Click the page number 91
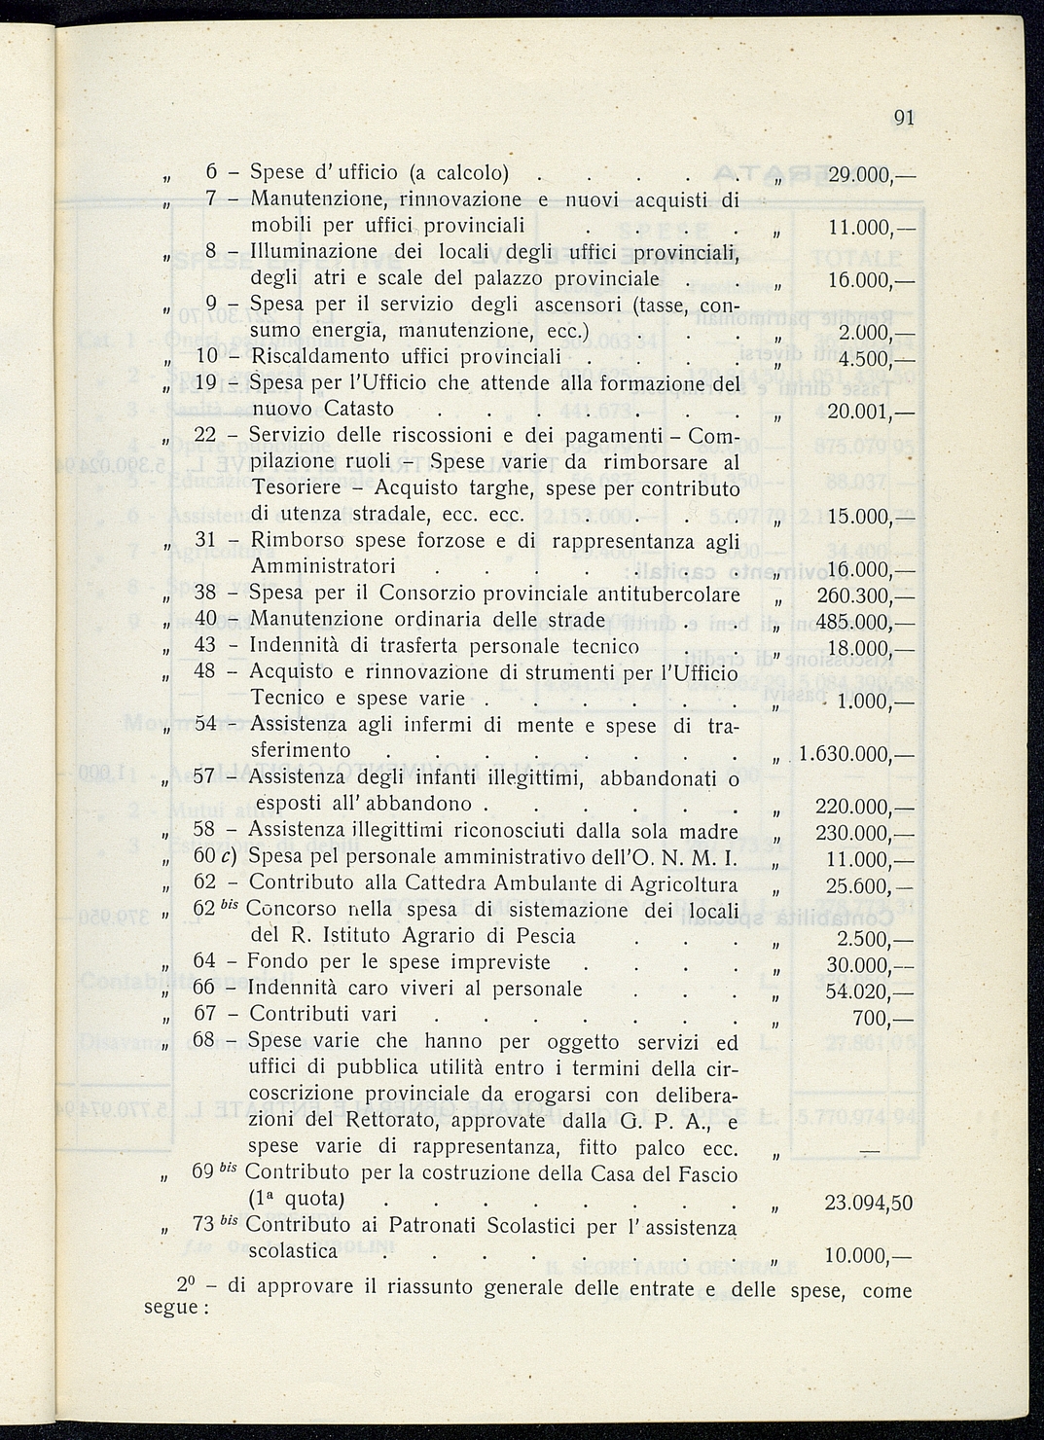pyautogui.click(x=904, y=118)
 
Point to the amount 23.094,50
pyautogui.click(x=868, y=1203)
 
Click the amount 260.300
pyautogui.click(x=858, y=594)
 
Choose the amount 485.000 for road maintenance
pyautogui.click(x=858, y=621)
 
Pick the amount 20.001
pyautogui.click(x=860, y=412)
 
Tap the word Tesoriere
pyautogui.click(x=298, y=486)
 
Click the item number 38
pyautogui.click(x=205, y=594)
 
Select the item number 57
pyautogui.click(x=204, y=777)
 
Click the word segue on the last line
pyautogui.click(x=171, y=1307)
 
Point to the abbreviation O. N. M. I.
pyautogui.click(x=694, y=857)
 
